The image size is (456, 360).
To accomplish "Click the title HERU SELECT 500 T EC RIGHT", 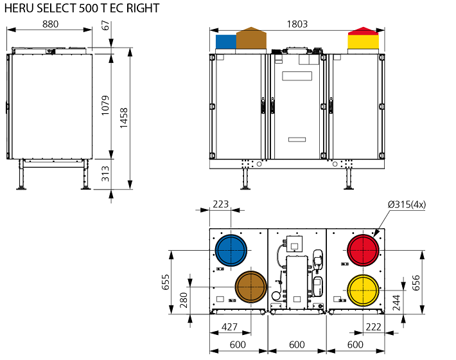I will click(82, 9).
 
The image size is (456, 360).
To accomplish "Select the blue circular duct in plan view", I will click(231, 249).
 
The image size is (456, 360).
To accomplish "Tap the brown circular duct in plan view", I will click(250, 286).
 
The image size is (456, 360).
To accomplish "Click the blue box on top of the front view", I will click(226, 41).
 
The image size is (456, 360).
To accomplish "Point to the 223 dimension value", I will click(220, 204).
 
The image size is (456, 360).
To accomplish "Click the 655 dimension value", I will click(165, 281).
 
